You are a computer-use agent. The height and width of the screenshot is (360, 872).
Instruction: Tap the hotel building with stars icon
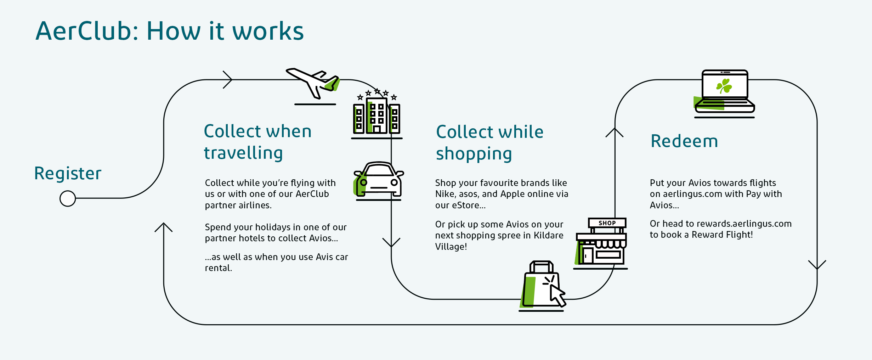(377, 113)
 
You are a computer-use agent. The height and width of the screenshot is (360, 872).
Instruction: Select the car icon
(379, 181)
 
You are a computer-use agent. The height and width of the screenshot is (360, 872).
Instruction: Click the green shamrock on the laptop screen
(724, 86)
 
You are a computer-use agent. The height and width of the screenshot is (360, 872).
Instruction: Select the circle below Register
(68, 198)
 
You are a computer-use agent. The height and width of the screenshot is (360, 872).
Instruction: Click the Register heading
(68, 174)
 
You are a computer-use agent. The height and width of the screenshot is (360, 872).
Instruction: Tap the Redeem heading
(684, 141)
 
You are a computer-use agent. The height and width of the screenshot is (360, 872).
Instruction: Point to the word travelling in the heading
(243, 153)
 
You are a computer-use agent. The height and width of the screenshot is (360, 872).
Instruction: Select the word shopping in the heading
(474, 154)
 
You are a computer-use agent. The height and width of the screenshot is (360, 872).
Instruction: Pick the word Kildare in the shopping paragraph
(549, 235)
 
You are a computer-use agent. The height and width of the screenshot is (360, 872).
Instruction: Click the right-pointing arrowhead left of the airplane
(227, 80)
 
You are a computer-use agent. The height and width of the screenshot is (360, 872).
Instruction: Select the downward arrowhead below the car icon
(391, 242)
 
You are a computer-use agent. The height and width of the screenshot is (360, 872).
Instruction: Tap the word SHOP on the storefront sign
(607, 223)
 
